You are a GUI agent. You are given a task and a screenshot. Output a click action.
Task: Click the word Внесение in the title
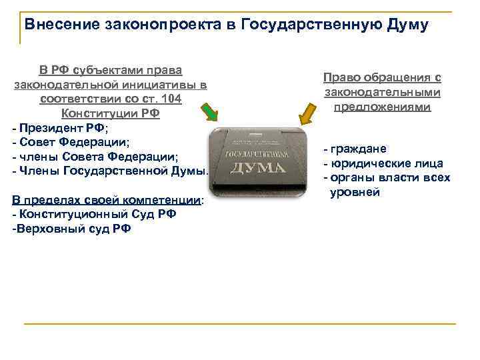click(58, 25)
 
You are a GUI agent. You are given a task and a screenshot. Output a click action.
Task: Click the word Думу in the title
click(407, 25)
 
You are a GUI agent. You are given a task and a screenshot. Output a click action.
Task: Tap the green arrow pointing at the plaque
click(209, 113)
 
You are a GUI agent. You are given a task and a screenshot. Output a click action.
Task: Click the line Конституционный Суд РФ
click(93, 215)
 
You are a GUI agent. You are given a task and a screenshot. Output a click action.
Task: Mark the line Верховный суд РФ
click(72, 229)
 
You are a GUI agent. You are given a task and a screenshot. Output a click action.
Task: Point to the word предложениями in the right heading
click(382, 106)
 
